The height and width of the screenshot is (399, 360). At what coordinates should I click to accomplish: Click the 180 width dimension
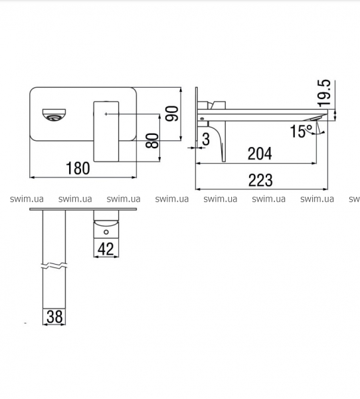coord(78,168)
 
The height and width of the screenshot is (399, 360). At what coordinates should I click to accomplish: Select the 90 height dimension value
coord(172,114)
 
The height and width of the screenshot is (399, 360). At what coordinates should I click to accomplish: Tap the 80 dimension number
coord(152,140)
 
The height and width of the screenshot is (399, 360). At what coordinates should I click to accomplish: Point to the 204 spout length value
coord(260,154)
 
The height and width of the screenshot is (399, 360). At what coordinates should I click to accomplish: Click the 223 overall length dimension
coord(260,180)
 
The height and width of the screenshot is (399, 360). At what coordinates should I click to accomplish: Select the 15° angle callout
coord(302,131)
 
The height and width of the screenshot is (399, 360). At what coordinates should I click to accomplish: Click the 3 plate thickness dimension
coord(206,139)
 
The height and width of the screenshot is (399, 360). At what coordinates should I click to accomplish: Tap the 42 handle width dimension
coord(106,249)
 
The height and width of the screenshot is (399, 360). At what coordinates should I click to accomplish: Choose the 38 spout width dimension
coord(54,317)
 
